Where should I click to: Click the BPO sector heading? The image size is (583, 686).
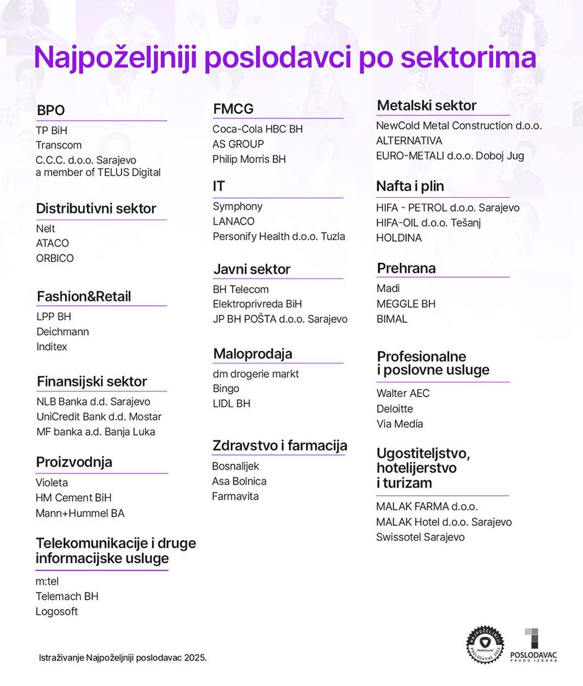51,110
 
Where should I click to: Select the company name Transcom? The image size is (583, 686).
59,145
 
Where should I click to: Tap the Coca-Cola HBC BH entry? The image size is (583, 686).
257,129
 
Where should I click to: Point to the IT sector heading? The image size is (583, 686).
219,186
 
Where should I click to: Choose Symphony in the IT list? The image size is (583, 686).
238,207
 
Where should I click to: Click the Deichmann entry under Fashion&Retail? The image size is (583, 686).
63,332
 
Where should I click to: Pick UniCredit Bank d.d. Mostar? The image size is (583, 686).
99,417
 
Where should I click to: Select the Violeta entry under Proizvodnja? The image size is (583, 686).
52,483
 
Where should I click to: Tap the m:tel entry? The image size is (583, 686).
47,581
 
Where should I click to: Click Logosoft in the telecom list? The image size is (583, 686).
57,612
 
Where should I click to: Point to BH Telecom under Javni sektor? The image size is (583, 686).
241,289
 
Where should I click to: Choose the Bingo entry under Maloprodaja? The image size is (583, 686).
226,389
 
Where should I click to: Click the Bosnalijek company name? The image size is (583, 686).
236,466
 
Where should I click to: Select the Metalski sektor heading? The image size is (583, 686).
427,105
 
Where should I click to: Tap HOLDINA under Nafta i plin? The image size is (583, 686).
399,238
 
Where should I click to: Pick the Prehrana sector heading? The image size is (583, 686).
406,268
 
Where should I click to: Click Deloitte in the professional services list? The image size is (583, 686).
394,409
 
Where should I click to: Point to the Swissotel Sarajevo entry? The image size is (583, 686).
420,537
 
